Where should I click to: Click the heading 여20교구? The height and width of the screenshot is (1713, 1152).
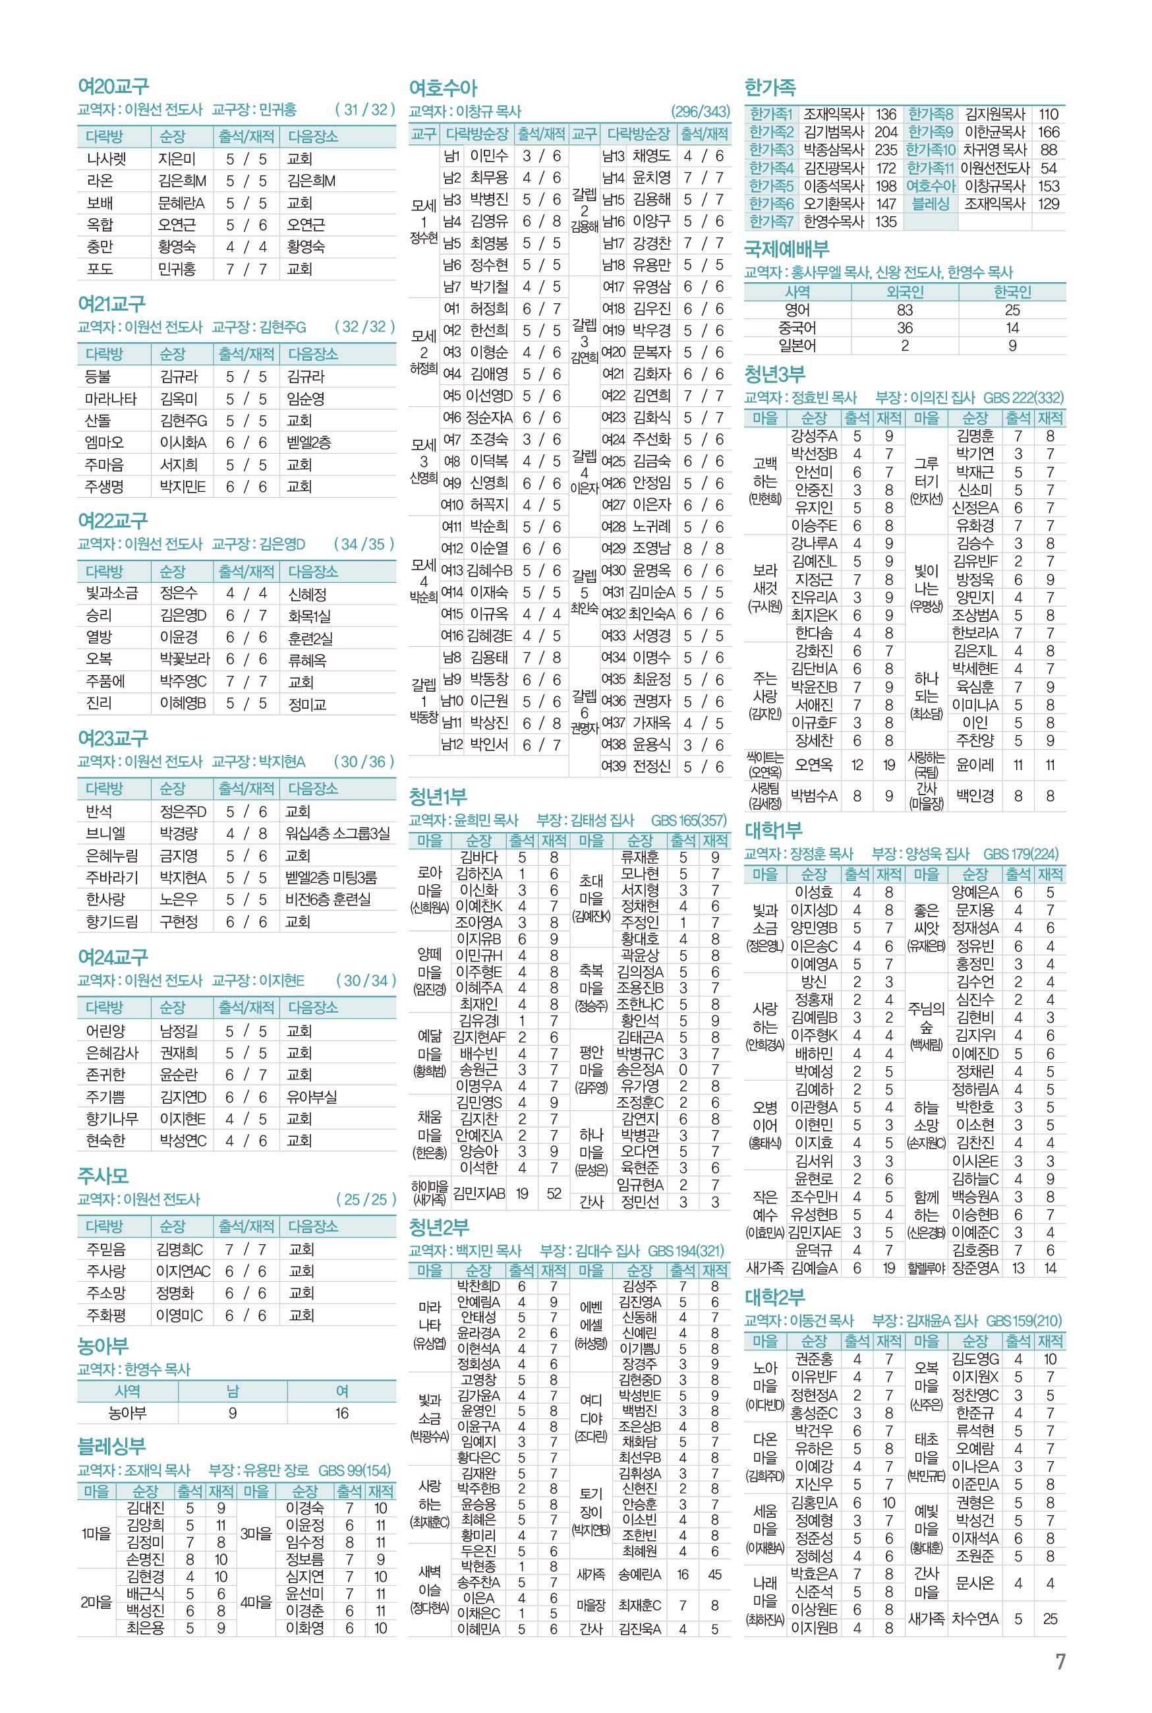pos(113,86)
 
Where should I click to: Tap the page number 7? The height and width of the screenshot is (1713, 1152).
pos(1060,1662)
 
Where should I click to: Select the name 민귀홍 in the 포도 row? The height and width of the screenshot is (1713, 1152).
pos(177,269)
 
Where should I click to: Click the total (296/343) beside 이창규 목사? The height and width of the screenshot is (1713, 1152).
pos(700,111)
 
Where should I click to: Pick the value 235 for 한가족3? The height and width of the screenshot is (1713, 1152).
pos(885,150)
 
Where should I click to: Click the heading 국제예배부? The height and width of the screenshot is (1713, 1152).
pos(786,249)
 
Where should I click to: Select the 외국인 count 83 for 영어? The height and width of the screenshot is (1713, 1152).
pos(904,310)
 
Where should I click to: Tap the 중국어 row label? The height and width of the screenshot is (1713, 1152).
pos(797,328)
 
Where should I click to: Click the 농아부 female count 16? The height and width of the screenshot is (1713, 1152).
pos(341,1412)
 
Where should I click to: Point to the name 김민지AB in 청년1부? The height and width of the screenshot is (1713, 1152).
pos(478,1193)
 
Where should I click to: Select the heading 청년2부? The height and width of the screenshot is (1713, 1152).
pos(439,1227)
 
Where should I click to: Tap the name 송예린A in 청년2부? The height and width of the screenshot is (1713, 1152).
pos(639,1574)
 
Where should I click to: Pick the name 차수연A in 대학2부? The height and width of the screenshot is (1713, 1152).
pos(975,1618)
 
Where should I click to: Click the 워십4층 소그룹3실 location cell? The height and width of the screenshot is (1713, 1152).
pos(337,833)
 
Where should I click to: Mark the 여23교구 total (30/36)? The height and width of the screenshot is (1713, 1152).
pos(364,762)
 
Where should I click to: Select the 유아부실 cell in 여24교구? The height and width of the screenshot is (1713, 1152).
pos(312,1097)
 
